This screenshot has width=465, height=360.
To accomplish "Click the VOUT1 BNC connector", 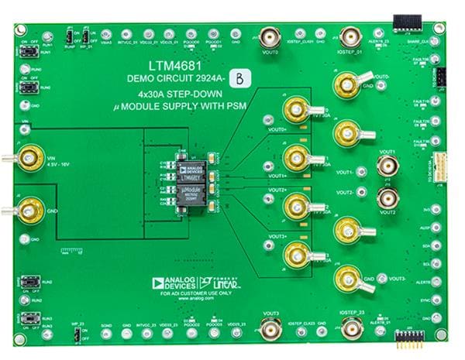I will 387,165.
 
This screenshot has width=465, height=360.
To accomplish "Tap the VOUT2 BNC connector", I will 387,198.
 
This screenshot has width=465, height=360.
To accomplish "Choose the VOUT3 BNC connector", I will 270,331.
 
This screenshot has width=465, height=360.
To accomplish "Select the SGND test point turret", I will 105,334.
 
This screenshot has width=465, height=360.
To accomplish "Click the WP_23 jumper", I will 77,334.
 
